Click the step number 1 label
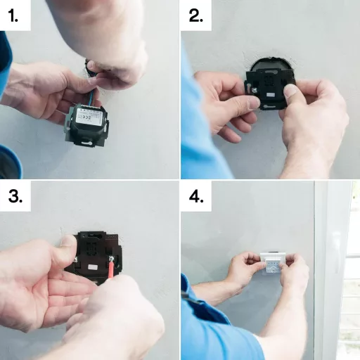15,16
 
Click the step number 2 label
196,16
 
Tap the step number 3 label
15,198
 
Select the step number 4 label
196,198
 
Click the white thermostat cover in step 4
270,264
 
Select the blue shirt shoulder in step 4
211,330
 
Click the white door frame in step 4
329,267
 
